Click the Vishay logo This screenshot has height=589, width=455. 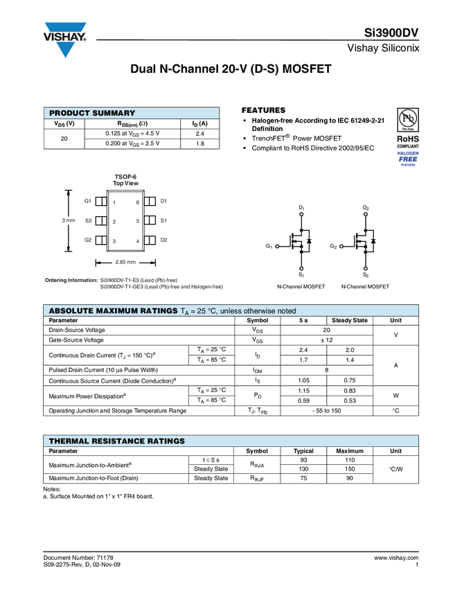66,39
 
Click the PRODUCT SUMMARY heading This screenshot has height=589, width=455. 92,114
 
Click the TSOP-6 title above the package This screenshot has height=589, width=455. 126,177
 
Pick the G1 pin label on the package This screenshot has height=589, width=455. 88,201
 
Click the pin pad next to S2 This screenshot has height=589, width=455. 100,221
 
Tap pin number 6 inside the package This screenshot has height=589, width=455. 138,202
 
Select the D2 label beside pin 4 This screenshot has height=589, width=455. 164,240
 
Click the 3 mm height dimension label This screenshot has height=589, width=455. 68,221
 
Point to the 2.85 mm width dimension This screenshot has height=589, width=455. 125,263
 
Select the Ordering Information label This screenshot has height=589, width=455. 71,280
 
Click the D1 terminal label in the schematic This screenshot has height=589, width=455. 301,207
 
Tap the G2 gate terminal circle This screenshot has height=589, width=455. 342,247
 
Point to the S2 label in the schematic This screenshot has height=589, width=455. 366,276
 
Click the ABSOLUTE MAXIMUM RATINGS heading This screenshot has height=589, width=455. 113,312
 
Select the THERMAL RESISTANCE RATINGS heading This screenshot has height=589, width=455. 116,441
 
